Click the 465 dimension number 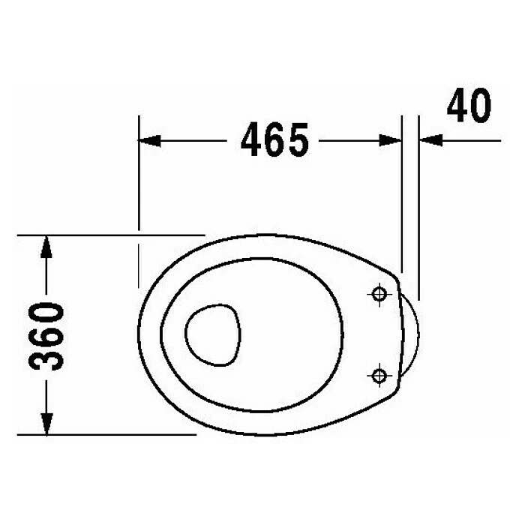click(x=274, y=139)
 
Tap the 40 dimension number click(x=469, y=105)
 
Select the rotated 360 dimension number click(x=46, y=336)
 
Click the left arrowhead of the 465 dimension click(x=149, y=140)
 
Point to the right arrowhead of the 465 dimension click(x=390, y=140)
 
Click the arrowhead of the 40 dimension click(x=430, y=140)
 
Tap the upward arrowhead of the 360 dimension click(x=46, y=247)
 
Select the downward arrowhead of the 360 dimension click(x=46, y=424)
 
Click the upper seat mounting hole click(x=379, y=294)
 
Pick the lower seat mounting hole click(x=379, y=376)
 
